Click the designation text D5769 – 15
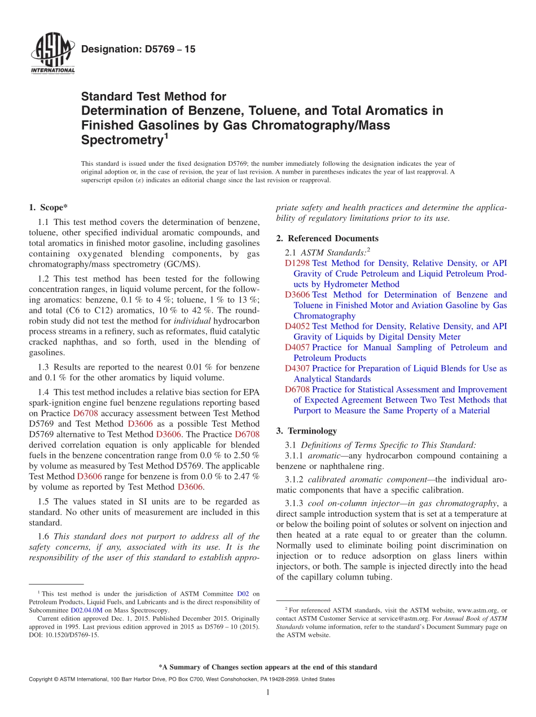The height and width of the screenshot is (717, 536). pyautogui.click(x=138, y=50)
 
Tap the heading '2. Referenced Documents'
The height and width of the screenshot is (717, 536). pyautogui.click(x=327, y=238)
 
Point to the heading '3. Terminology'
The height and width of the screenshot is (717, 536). pyautogui.click(x=306, y=431)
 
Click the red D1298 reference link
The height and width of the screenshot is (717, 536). pyautogui.click(x=297, y=263)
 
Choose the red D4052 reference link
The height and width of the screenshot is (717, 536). pyautogui.click(x=297, y=326)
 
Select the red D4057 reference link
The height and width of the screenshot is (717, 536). pyautogui.click(x=297, y=347)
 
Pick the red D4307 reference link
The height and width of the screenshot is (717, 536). pyautogui.click(x=297, y=369)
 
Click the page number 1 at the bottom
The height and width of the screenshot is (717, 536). pyautogui.click(x=268, y=693)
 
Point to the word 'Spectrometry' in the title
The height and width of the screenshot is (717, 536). pyautogui.click(x=121, y=139)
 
